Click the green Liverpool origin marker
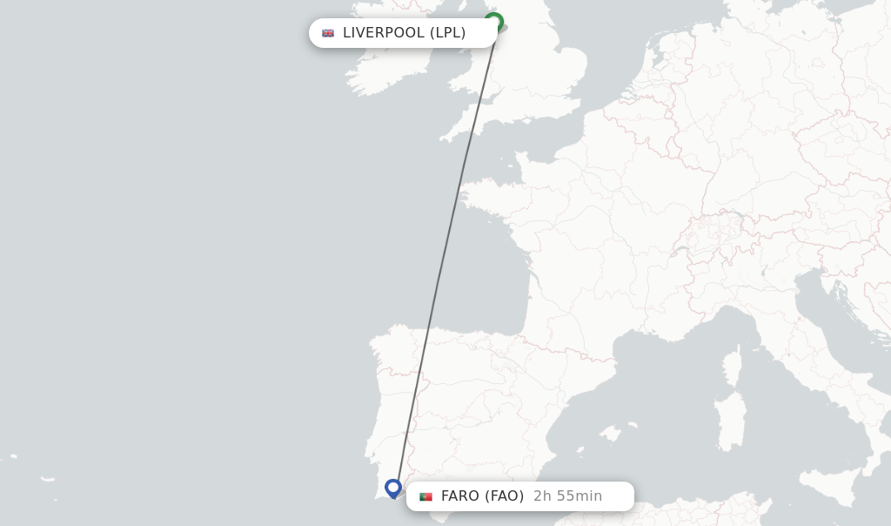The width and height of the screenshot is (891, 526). click(x=493, y=22)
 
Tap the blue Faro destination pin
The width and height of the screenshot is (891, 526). click(x=393, y=488)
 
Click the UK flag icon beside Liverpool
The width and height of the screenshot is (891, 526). click(x=328, y=33)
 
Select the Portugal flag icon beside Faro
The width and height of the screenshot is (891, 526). click(x=425, y=496)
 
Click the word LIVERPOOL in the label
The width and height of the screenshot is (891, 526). click(x=384, y=33)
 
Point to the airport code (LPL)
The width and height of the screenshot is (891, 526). click(x=448, y=33)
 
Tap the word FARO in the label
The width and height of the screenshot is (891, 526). click(x=460, y=496)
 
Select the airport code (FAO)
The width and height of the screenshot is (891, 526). click(x=505, y=496)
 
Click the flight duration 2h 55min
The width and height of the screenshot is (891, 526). click(x=567, y=496)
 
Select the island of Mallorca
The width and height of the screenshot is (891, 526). click(x=611, y=432)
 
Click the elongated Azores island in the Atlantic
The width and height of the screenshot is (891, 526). click(x=47, y=478)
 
